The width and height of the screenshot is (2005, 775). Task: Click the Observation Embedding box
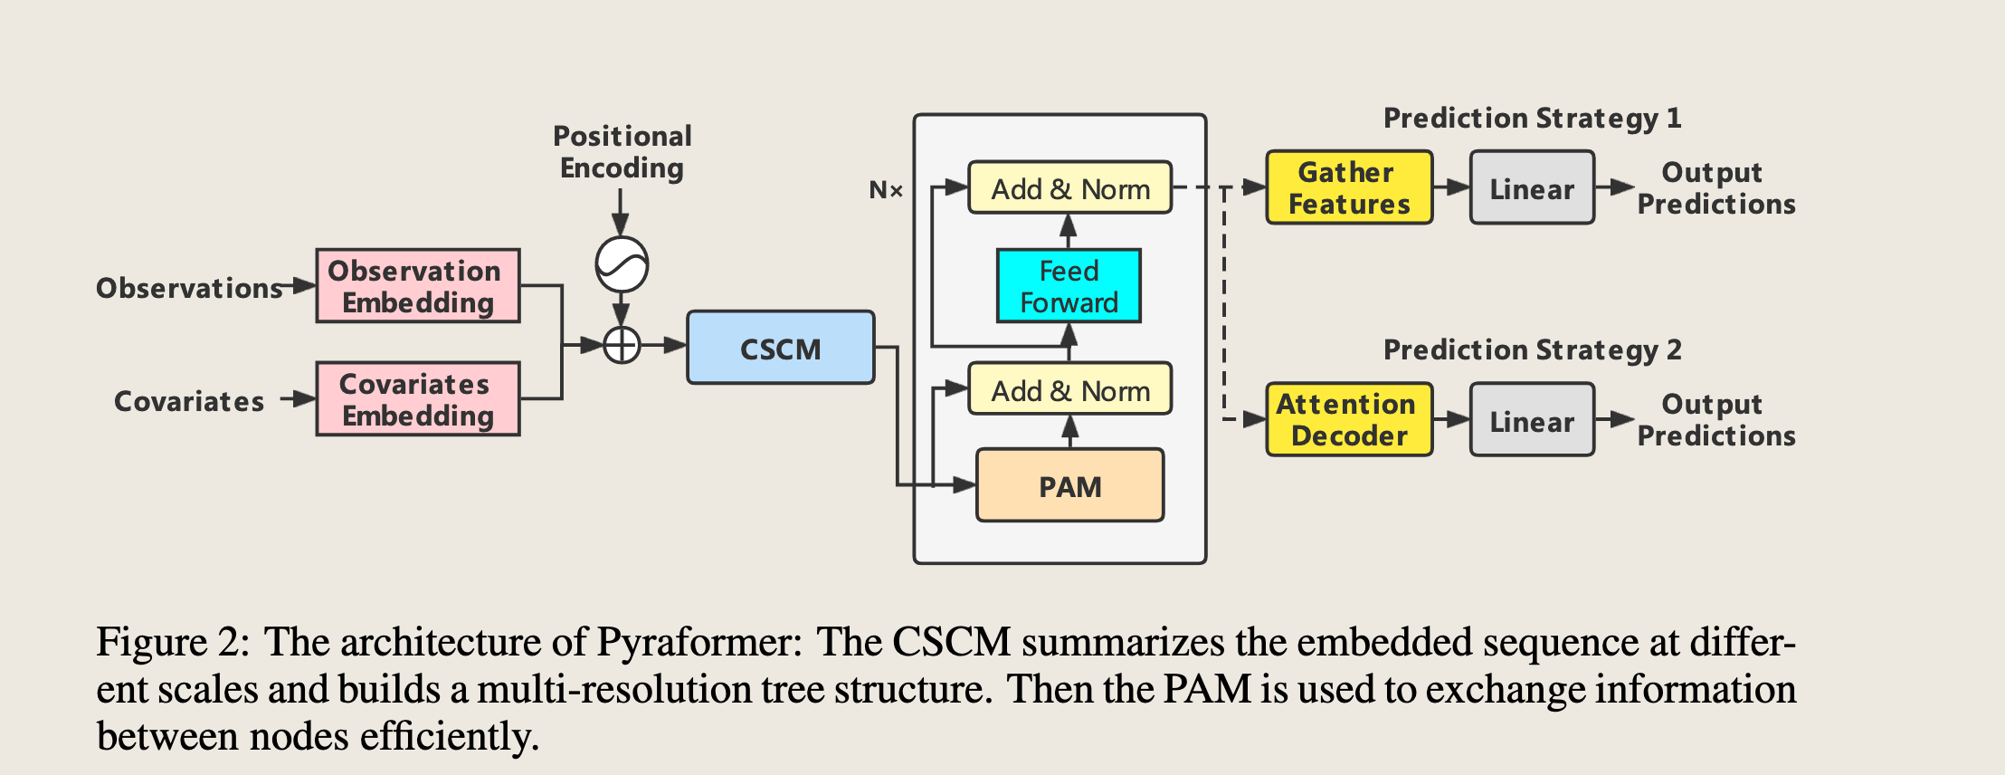pyautogui.click(x=418, y=286)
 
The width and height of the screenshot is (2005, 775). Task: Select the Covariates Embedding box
pyautogui.click(x=418, y=399)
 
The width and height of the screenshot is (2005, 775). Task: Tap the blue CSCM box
pyautogui.click(x=781, y=348)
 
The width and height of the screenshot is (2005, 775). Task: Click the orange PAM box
pyautogui.click(x=1070, y=485)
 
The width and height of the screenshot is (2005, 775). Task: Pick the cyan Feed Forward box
pyautogui.click(x=1069, y=286)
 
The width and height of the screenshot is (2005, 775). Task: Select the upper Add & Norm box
pyautogui.click(x=1070, y=188)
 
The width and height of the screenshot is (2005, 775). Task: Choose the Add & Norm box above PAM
pyautogui.click(x=1070, y=389)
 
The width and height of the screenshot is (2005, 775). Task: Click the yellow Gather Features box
pyautogui.click(x=1349, y=187)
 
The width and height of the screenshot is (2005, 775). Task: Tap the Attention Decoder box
pyautogui.click(x=1349, y=419)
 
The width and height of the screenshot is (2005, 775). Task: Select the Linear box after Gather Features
pyautogui.click(x=1532, y=187)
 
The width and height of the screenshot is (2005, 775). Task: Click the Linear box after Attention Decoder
pyautogui.click(x=1532, y=419)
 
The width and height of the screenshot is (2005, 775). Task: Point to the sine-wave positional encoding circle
pyautogui.click(x=622, y=264)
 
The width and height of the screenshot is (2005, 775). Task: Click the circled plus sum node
pyautogui.click(x=622, y=345)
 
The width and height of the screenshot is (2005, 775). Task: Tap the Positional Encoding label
pyautogui.click(x=622, y=152)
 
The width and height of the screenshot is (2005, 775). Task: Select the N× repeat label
pyautogui.click(x=886, y=190)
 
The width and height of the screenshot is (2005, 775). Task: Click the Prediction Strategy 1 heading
pyautogui.click(x=1532, y=119)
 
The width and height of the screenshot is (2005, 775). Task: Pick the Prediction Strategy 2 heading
pyautogui.click(x=1532, y=350)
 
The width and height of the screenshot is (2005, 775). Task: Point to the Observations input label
pyautogui.click(x=189, y=288)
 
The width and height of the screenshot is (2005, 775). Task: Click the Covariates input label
pyautogui.click(x=189, y=401)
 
